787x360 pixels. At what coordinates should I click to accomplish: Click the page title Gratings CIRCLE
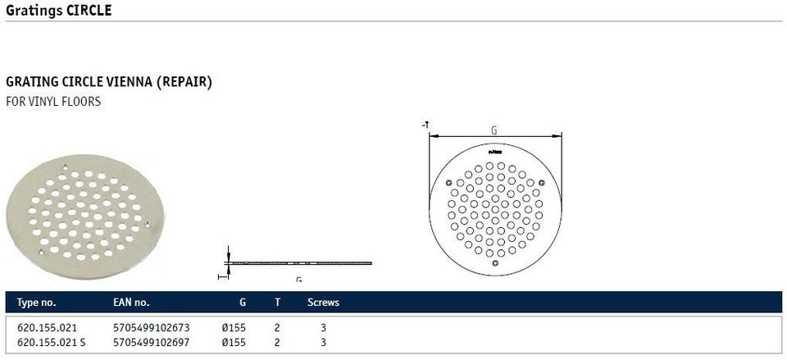(x=59, y=10)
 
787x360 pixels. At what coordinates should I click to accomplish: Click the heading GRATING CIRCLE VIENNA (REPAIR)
(x=109, y=82)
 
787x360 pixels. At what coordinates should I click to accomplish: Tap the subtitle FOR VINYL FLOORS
(x=53, y=102)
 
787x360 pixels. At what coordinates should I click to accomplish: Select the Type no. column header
(x=37, y=303)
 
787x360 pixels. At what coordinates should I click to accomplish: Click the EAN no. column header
(x=131, y=303)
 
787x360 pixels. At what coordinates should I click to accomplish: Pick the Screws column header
(x=323, y=303)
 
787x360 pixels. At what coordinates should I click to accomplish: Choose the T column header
(x=277, y=303)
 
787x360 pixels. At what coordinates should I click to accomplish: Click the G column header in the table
(x=243, y=303)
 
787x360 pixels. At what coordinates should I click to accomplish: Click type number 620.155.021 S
(x=51, y=343)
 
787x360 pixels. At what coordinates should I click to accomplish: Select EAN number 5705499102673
(x=152, y=328)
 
